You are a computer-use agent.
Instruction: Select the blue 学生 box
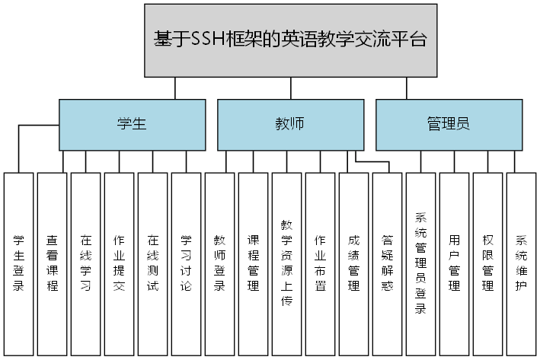tap(132, 125)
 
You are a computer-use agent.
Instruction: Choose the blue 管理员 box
tap(449, 125)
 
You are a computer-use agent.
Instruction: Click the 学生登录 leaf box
tap(19, 264)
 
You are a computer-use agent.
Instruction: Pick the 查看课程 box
tap(53, 264)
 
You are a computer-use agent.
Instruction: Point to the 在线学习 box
tap(86, 264)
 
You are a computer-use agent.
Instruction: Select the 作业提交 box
tap(120, 264)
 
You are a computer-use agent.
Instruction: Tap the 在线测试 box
tap(153, 264)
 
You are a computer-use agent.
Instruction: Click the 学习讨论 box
tap(187, 264)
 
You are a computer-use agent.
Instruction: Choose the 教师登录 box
tap(220, 264)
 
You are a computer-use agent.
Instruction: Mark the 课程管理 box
tap(254, 264)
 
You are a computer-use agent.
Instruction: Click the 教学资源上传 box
tap(287, 264)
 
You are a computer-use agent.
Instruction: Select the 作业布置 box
tap(321, 264)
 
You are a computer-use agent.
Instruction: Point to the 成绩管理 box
tap(354, 264)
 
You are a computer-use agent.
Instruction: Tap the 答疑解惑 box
tap(388, 264)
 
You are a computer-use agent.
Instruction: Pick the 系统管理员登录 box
tap(421, 264)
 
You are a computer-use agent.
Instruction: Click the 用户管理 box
tap(455, 264)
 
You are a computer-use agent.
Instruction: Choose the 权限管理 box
tap(488, 264)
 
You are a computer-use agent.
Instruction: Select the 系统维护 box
tap(522, 264)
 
